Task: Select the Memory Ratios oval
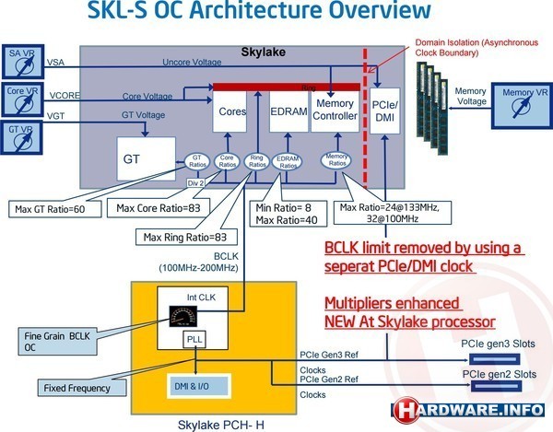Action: tap(336, 159)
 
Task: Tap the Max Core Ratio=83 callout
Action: tap(159, 208)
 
